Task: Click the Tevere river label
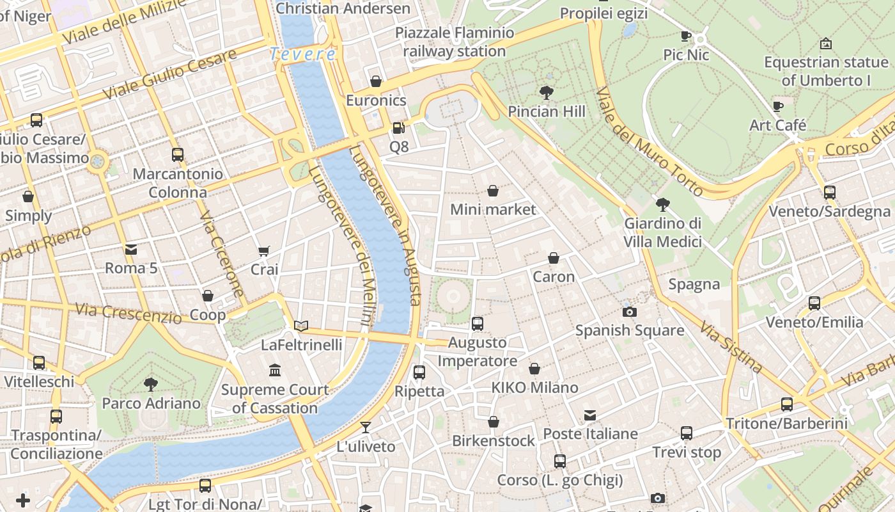(x=302, y=54)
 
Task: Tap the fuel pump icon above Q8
(x=399, y=128)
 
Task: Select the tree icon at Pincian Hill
(x=547, y=93)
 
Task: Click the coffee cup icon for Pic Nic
(x=686, y=36)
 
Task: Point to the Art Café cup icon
(x=777, y=106)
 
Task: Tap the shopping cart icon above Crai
(x=264, y=251)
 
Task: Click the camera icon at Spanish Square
(x=630, y=312)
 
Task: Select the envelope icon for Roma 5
(x=131, y=249)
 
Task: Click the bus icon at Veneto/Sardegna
(x=829, y=192)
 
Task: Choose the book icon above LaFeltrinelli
(x=301, y=326)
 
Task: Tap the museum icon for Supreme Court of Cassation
(x=275, y=370)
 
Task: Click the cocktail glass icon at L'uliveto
(x=366, y=427)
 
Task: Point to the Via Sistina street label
(x=731, y=348)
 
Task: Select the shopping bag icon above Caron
(x=554, y=258)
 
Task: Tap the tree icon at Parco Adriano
(x=151, y=384)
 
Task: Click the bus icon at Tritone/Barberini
(x=786, y=404)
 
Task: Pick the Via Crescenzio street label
(x=128, y=313)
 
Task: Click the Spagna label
(x=694, y=284)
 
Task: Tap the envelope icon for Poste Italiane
(x=590, y=415)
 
